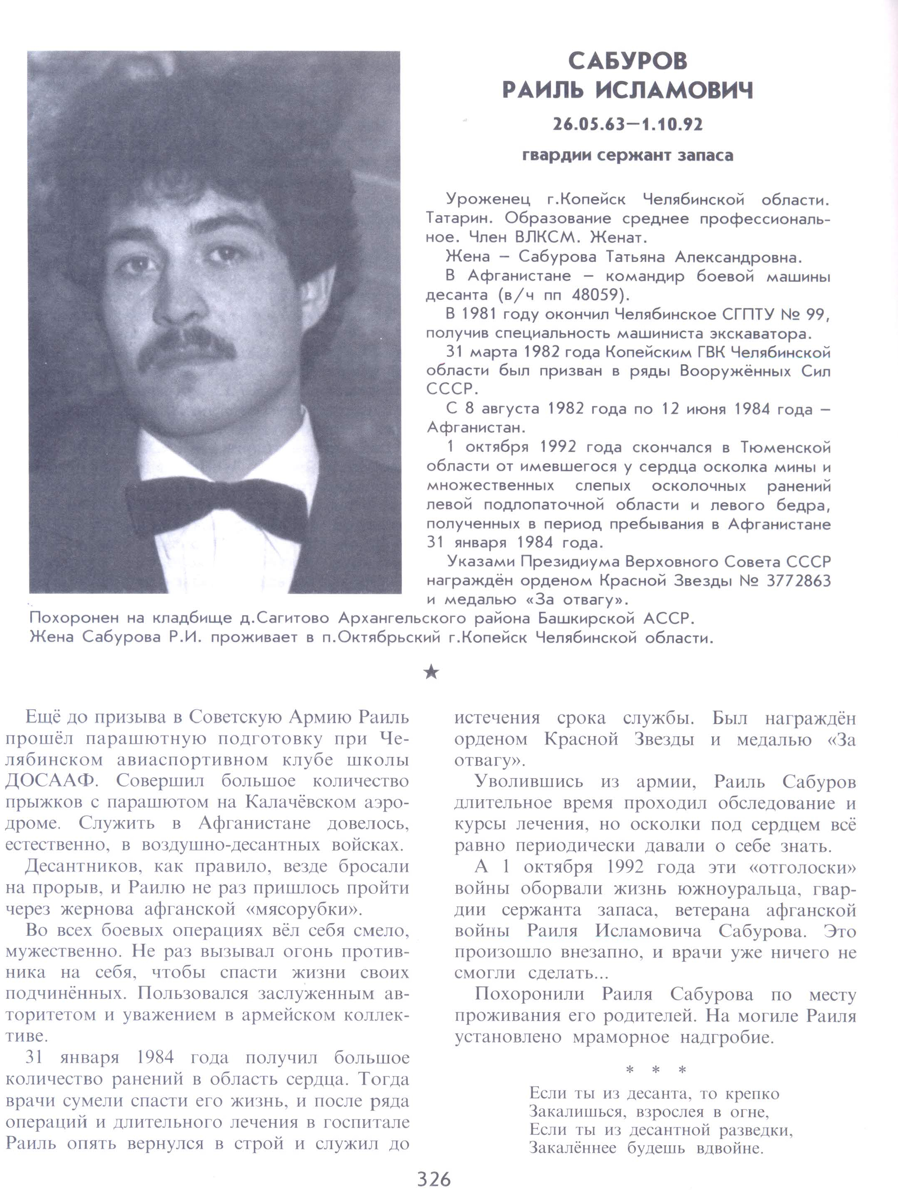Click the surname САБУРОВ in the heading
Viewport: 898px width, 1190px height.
pyautogui.click(x=628, y=61)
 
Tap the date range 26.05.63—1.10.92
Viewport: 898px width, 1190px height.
pyautogui.click(x=628, y=125)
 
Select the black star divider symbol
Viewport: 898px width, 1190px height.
pyautogui.click(x=431, y=672)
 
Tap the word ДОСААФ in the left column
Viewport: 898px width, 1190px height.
pyautogui.click(x=51, y=781)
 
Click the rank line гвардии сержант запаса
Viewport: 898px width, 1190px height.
pyautogui.click(x=628, y=156)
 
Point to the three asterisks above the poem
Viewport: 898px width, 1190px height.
pyautogui.click(x=655, y=1071)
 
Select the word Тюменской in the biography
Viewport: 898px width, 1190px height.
pyautogui.click(x=786, y=448)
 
